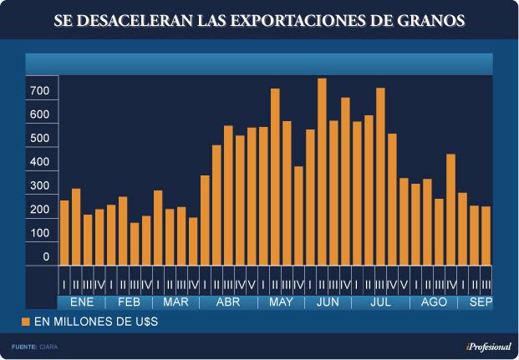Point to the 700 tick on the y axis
(40, 90)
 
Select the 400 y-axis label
(40, 162)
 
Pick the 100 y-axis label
(40, 234)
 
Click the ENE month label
(82, 302)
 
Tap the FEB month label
(129, 302)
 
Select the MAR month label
(176, 302)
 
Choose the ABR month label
(228, 302)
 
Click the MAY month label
(281, 302)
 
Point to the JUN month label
(328, 302)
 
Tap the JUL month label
(380, 302)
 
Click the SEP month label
(480, 302)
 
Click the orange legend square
(26, 322)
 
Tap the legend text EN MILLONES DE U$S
(95, 322)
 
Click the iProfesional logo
(488, 346)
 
